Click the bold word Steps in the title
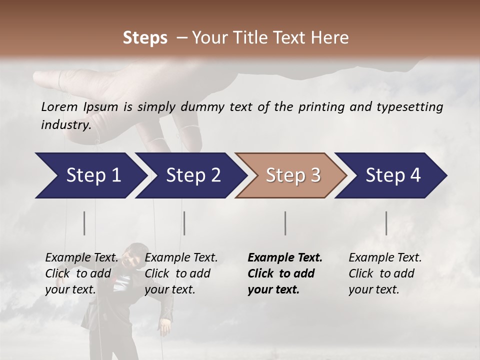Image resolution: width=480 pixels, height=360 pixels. (x=145, y=37)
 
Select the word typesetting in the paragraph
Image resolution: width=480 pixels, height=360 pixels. (x=413, y=107)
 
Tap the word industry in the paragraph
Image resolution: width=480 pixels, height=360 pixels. (x=65, y=124)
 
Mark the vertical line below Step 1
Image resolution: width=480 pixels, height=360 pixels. (x=84, y=223)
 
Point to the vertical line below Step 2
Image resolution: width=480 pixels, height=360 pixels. (x=184, y=223)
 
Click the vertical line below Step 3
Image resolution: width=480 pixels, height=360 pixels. (x=285, y=223)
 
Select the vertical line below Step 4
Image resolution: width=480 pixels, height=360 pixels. (x=386, y=223)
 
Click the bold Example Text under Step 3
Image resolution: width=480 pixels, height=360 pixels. (x=285, y=258)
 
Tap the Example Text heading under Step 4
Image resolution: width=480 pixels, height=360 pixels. (x=385, y=258)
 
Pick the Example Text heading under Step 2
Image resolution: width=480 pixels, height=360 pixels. (x=181, y=258)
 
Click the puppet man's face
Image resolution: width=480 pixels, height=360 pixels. (x=133, y=256)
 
